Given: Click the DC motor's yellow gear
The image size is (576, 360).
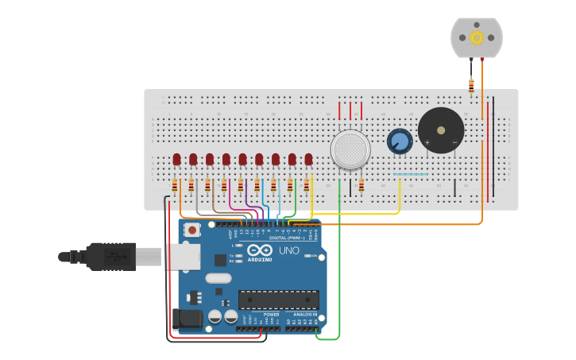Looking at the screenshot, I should pos(477,37).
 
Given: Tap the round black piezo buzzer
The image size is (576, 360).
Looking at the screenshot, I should pos(441,130).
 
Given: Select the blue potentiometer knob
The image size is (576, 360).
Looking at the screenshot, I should pos(400,141).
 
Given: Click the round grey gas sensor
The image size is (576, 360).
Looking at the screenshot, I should pos(350,149).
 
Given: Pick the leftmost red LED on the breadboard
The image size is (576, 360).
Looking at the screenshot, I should pos(176,160).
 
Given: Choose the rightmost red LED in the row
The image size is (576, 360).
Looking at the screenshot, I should pos(308,160).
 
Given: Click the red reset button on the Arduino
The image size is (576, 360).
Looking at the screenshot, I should pos(192,230).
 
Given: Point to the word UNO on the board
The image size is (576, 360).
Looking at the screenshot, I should pos(289,250).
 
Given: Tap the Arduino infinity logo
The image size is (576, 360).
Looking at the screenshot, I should pos(260,250).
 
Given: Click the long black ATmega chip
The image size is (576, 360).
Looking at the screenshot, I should pos(279,300).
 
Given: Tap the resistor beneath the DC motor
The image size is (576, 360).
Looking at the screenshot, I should pos(471,84).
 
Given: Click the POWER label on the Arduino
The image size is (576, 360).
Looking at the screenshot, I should pos(271,314).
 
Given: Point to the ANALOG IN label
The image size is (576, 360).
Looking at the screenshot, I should pos(305,314).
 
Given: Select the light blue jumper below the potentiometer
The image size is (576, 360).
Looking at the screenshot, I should pos(411,174).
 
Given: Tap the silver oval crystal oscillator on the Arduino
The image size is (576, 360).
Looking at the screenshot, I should pos(218,278).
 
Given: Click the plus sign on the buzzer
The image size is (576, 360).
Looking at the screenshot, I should pos(427,143).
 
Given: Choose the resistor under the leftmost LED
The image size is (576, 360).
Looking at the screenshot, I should pos(175,187).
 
